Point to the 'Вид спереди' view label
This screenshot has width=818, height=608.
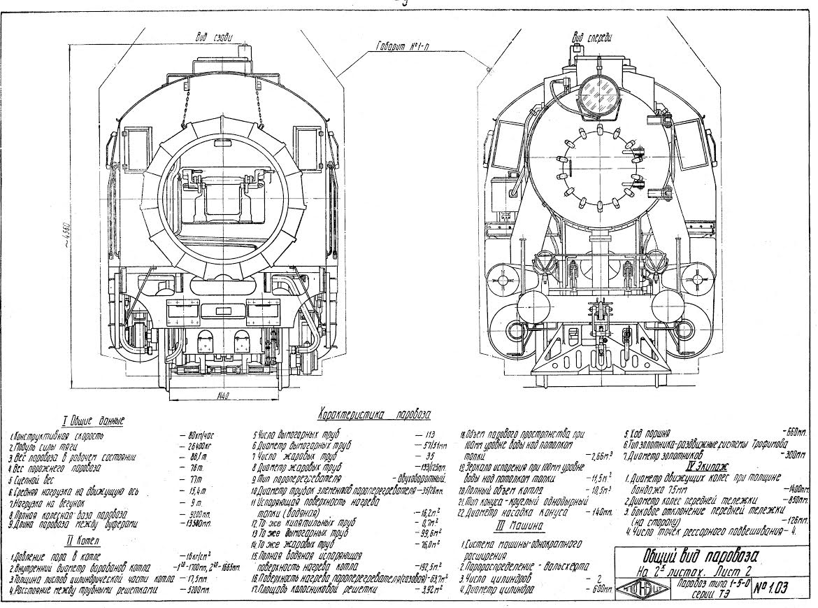[588, 36]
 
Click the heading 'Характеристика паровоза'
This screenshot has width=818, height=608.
[375, 413]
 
